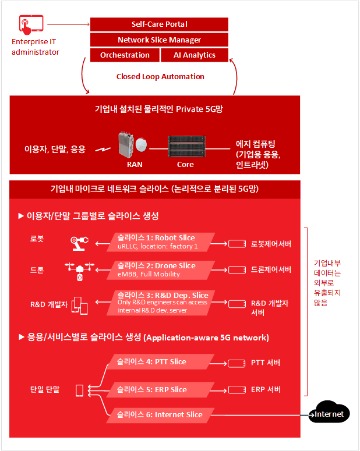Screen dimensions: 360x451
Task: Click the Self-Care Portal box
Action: point(159,24)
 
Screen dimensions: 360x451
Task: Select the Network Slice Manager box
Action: point(159,40)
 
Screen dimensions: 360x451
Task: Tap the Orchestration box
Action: point(125,55)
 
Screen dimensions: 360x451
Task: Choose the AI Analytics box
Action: point(195,55)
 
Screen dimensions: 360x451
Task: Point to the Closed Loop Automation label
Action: point(160,76)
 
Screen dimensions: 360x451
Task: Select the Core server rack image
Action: point(187,147)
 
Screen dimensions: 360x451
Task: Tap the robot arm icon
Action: point(79,243)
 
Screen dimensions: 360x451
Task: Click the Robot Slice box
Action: point(161,242)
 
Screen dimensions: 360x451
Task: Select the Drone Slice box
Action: point(161,270)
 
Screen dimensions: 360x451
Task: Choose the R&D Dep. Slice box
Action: point(161,303)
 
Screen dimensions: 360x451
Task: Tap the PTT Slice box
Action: point(160,361)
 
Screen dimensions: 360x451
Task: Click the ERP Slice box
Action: point(160,390)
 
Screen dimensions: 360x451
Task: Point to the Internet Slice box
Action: point(160,415)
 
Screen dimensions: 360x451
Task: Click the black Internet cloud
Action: point(329,413)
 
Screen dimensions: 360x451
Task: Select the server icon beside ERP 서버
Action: point(237,390)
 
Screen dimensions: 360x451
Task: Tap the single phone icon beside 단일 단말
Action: point(79,390)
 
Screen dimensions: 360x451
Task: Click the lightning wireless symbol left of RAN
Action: point(103,150)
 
